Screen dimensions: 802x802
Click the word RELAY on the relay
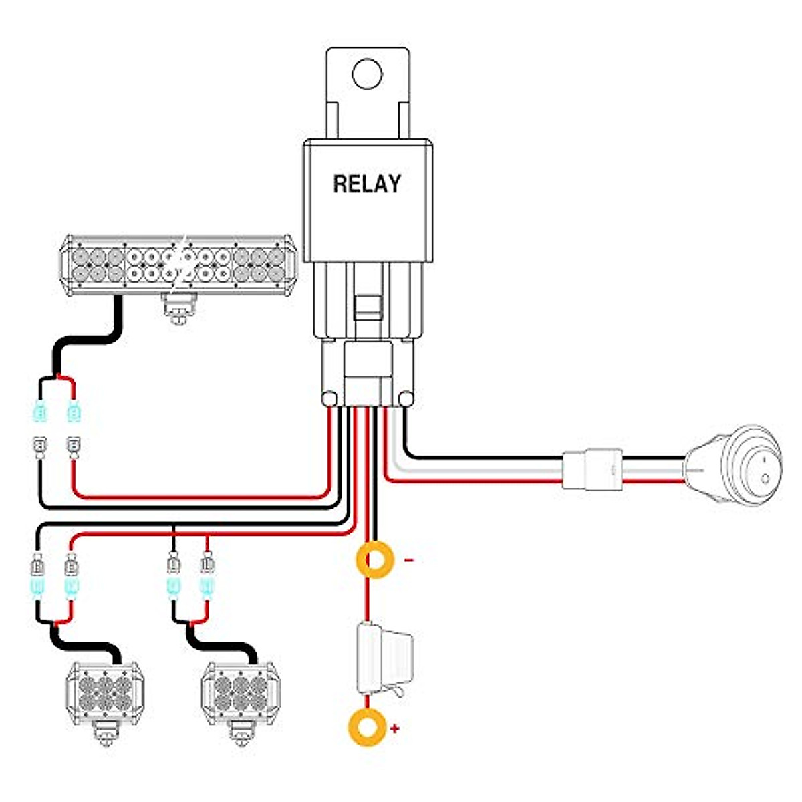click(x=367, y=184)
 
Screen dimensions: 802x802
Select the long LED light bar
click(x=177, y=265)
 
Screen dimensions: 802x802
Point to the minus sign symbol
click(x=410, y=560)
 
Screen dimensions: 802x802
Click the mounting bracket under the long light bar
click(x=179, y=309)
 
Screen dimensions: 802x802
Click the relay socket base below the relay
click(x=366, y=371)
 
